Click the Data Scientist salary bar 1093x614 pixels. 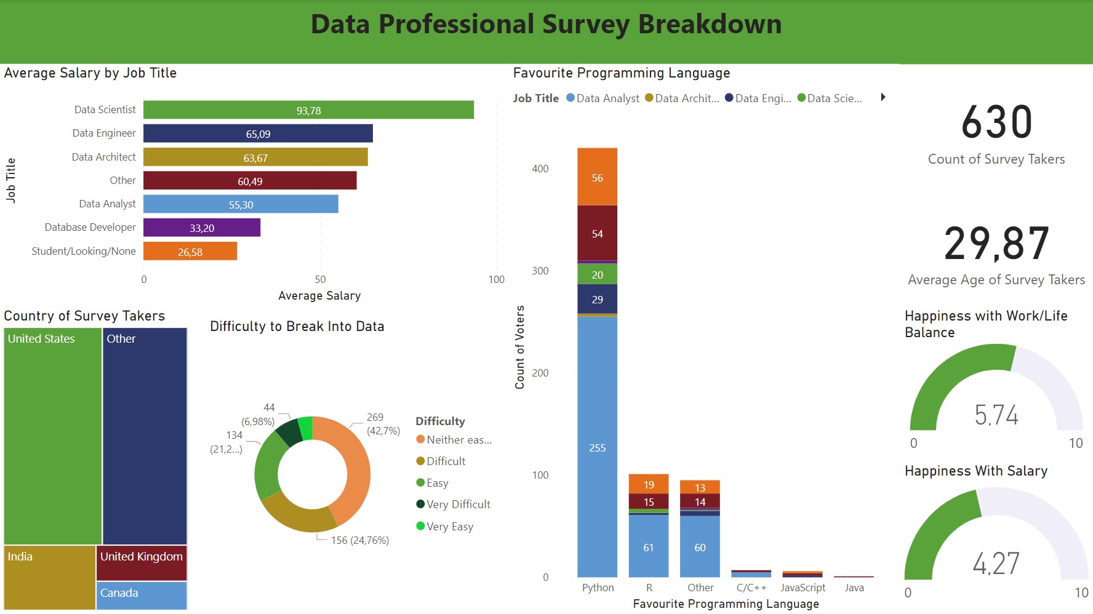pos(308,110)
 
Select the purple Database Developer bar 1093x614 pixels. pos(201,228)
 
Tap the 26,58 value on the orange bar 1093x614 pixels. pos(190,252)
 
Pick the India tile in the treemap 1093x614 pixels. pos(49,577)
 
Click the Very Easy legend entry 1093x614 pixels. pos(449,527)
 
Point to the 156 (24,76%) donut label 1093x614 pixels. pos(359,540)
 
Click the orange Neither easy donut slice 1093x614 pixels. pos(354,468)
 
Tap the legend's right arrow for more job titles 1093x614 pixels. pos(883,97)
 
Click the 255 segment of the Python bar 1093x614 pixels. pos(597,448)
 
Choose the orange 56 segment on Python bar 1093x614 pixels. pos(597,177)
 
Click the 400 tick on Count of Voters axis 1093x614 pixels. pos(540,169)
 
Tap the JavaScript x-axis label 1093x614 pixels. pos(803,588)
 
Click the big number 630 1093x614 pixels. pos(996,122)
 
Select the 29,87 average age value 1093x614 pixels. pos(996,244)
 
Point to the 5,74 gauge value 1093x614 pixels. pos(996,415)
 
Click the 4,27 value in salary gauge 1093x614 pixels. pos(996,563)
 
